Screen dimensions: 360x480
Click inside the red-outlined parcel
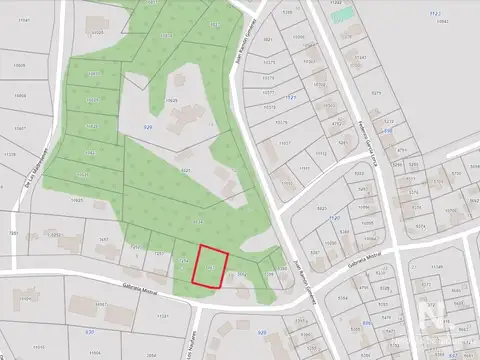click(x=210, y=267)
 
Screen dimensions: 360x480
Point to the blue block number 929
click(x=148, y=129)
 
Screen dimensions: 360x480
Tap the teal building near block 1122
click(x=343, y=16)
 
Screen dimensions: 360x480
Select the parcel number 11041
click(x=39, y=19)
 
